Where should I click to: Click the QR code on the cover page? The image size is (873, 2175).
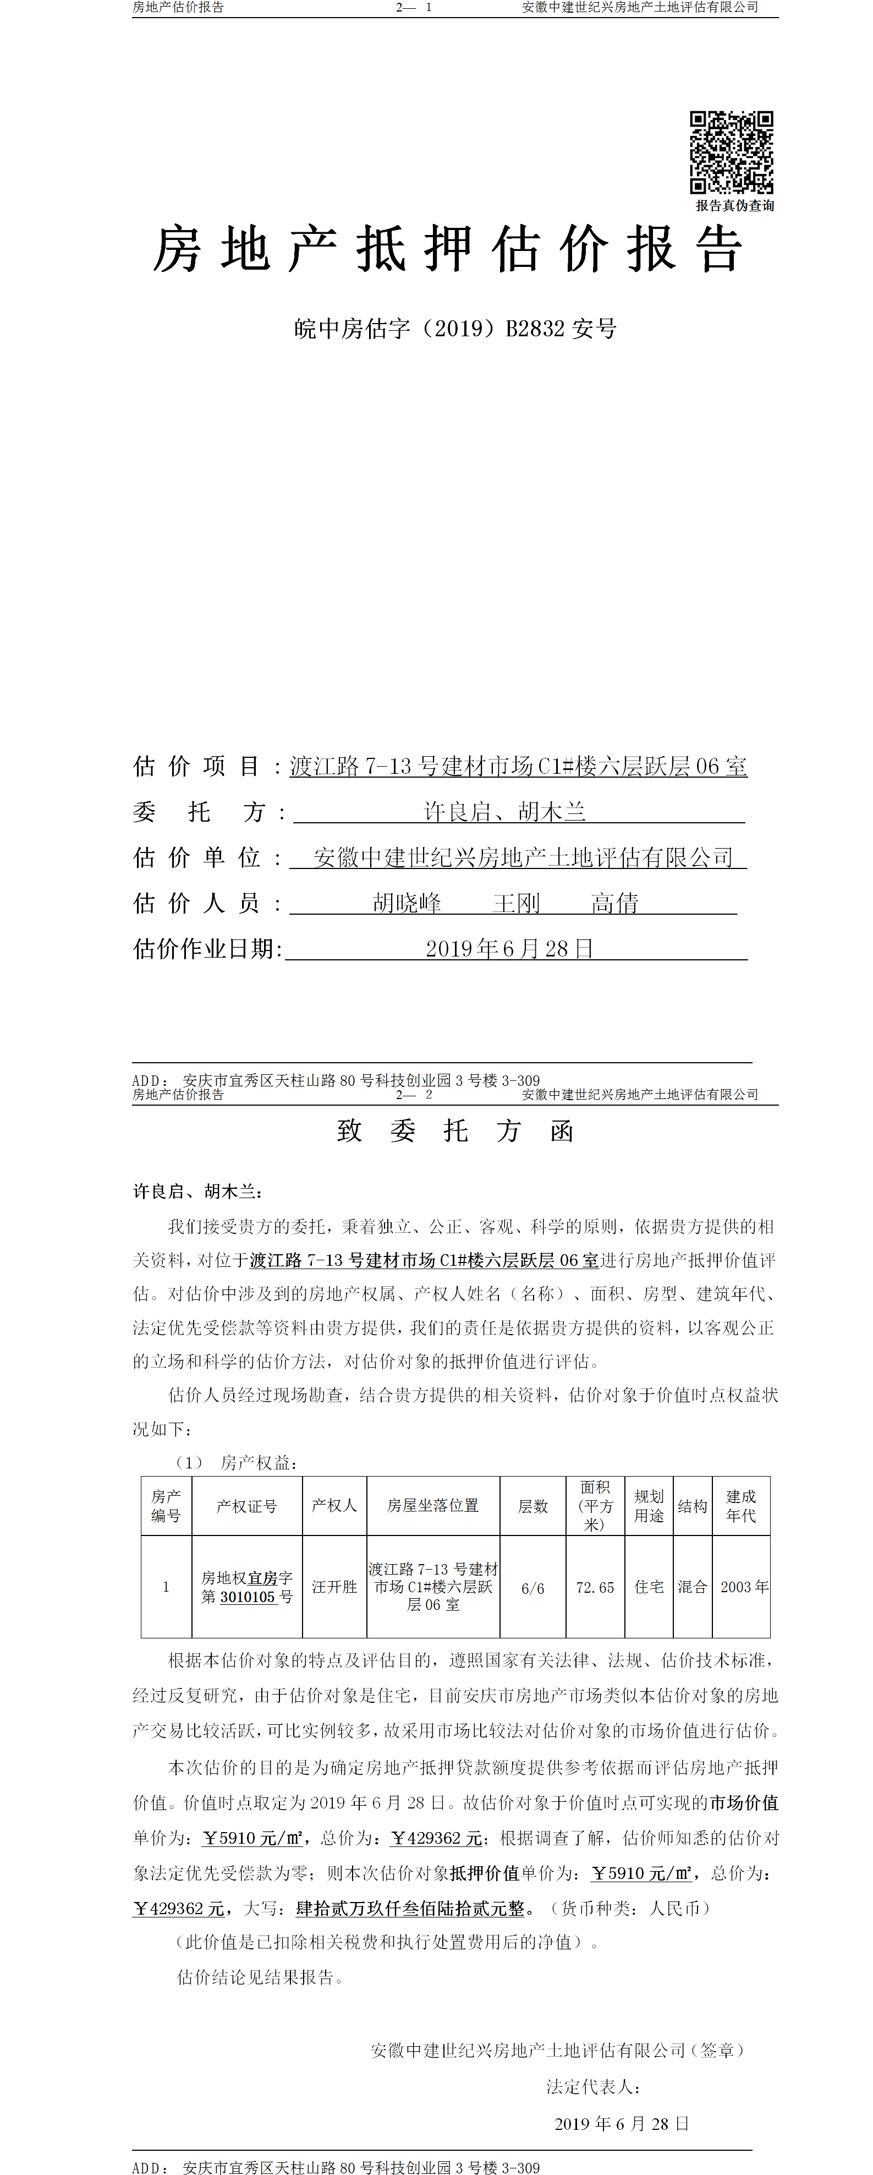click(x=731, y=152)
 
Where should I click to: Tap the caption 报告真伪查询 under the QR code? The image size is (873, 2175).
click(x=734, y=206)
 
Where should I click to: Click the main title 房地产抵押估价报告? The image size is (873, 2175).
click(x=447, y=250)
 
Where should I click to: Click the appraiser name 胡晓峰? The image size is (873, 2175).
click(x=407, y=904)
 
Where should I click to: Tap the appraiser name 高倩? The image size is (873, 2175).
click(x=614, y=904)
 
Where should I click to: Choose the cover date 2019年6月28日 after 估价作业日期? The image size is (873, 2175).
click(x=509, y=949)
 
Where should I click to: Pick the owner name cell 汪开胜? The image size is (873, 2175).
click(x=334, y=1587)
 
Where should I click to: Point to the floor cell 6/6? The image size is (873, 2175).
click(x=532, y=1588)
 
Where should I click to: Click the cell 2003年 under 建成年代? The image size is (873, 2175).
click(x=744, y=1587)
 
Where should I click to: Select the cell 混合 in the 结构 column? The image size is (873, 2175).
click(x=693, y=1587)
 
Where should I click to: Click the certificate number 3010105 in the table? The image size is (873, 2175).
click(x=248, y=1598)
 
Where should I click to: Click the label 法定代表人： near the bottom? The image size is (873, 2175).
click(x=592, y=2087)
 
